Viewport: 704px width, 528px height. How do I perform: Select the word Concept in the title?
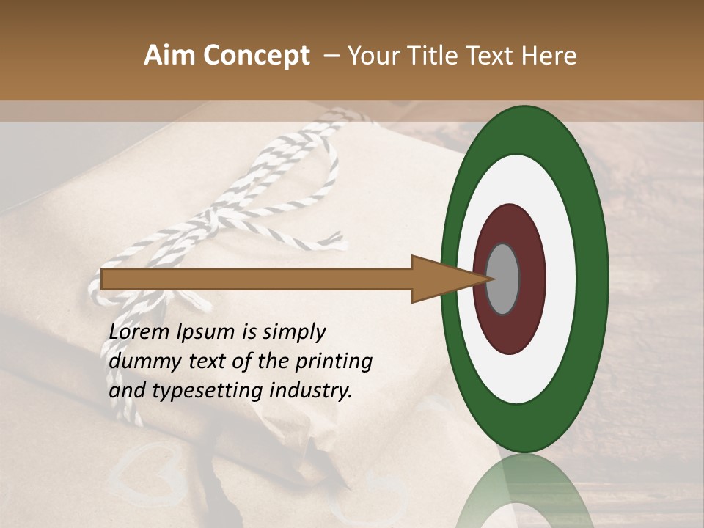click(x=256, y=56)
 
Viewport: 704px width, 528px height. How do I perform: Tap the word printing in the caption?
click(x=333, y=362)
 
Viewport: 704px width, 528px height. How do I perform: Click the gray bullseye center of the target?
click(x=503, y=279)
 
